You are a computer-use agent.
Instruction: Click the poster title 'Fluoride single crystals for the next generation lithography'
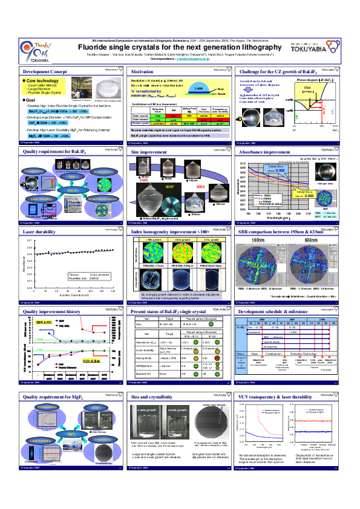click(x=182, y=46)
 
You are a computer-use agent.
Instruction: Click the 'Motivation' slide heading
click(x=142, y=71)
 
